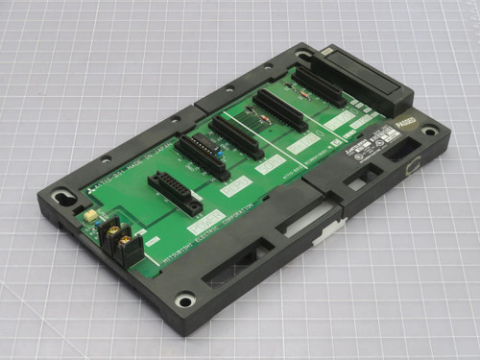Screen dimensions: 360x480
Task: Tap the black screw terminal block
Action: click(x=120, y=241)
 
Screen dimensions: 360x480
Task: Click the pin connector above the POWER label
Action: click(x=175, y=193)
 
